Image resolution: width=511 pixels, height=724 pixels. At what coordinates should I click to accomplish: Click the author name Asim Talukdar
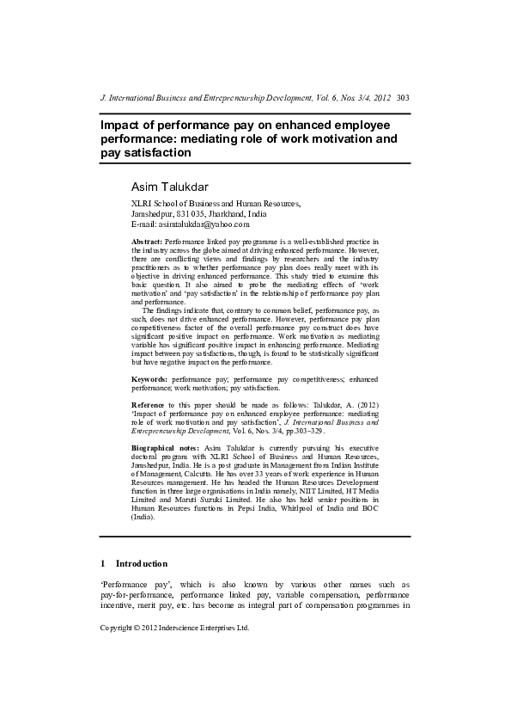170,186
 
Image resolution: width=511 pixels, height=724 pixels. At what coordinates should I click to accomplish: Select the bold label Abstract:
146,243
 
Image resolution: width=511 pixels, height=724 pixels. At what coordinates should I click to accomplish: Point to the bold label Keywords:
149,378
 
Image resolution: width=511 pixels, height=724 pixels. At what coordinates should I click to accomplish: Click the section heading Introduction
143,563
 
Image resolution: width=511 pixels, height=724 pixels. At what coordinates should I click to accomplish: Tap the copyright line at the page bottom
175,627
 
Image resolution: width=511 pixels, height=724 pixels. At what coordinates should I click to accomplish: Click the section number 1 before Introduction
104,563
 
